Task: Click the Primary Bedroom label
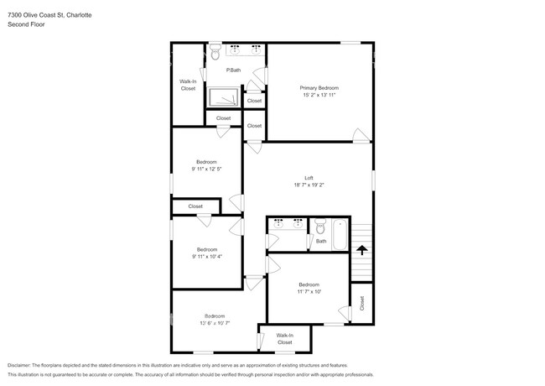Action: [x=319, y=87]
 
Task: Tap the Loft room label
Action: [x=309, y=178]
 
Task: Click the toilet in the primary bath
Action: [x=215, y=55]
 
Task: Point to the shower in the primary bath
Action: [x=223, y=96]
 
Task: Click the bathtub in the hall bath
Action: [x=339, y=234]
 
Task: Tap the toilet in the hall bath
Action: [x=319, y=226]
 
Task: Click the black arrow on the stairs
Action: [x=361, y=249]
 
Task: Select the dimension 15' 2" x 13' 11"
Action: [x=319, y=95]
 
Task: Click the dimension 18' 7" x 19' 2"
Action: [x=309, y=185]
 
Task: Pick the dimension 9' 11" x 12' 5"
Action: [x=206, y=169]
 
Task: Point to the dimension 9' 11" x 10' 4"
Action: [x=206, y=256]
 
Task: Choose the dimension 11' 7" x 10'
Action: [x=309, y=291]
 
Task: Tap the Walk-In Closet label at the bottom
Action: [x=285, y=338]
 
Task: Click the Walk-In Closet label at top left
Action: [x=188, y=85]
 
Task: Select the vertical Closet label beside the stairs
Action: [x=362, y=303]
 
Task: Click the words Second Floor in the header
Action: [x=26, y=24]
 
